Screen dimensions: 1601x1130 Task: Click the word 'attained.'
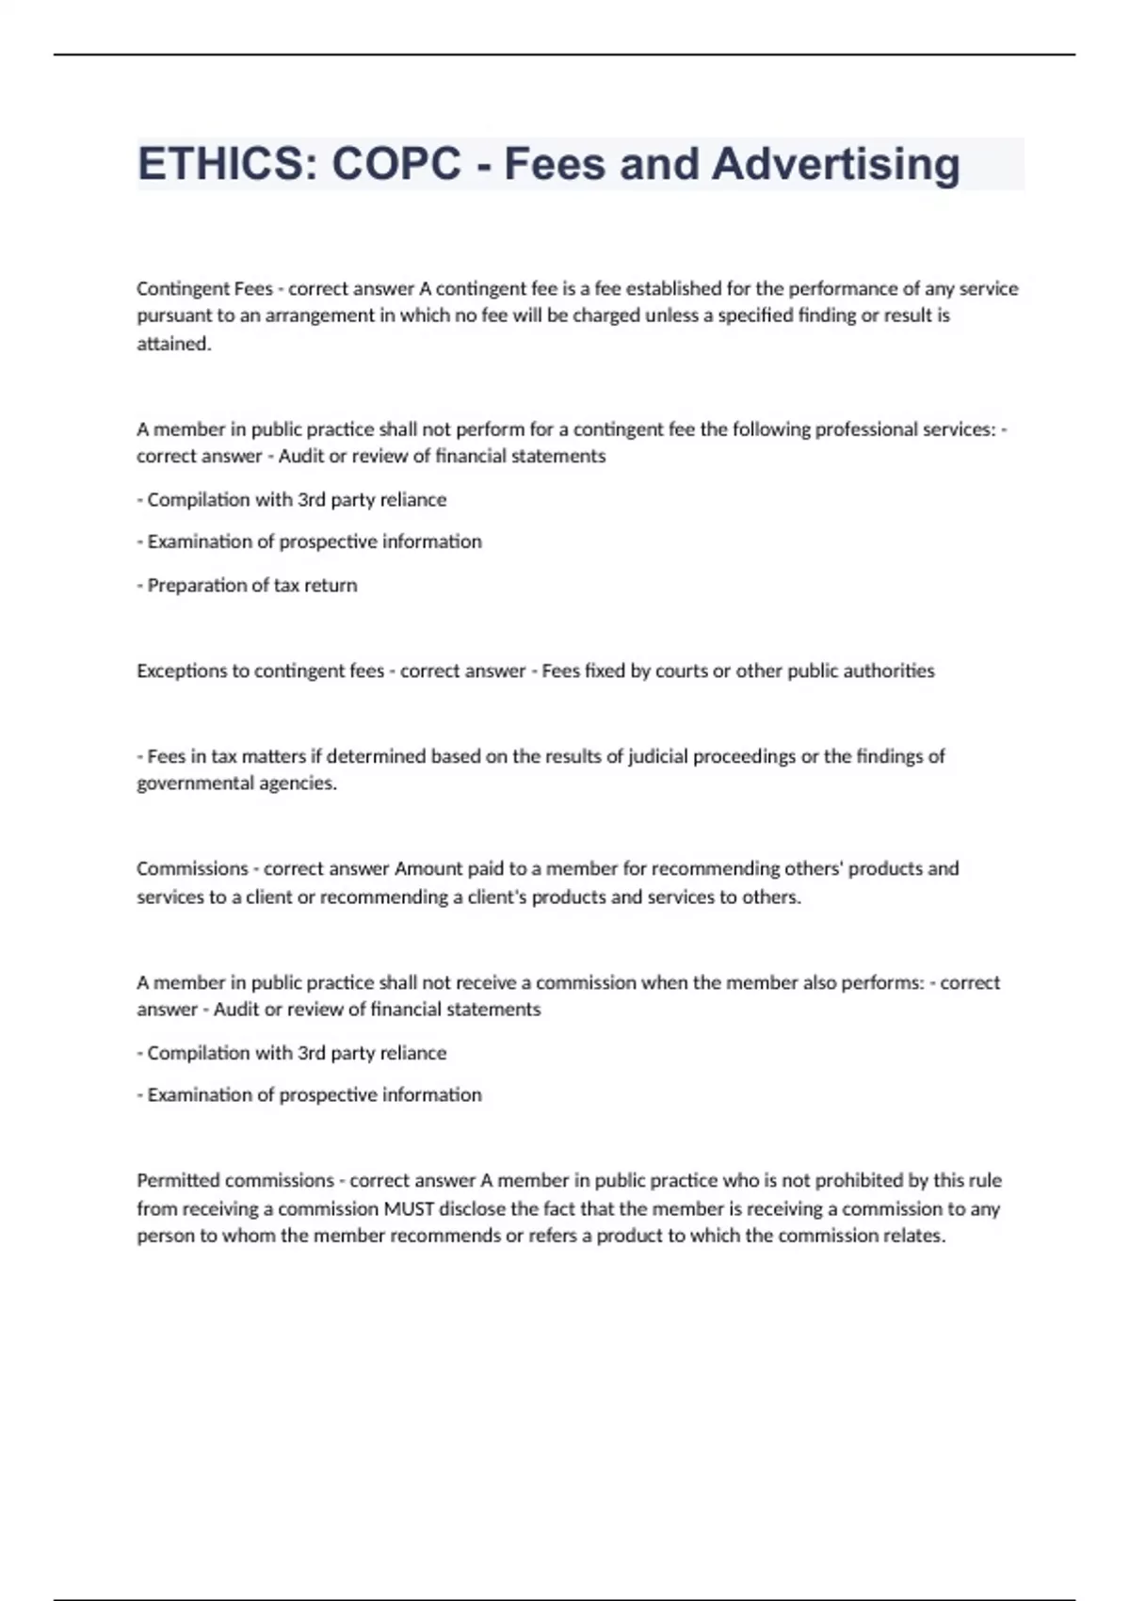174,344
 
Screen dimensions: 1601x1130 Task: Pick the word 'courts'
680,671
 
